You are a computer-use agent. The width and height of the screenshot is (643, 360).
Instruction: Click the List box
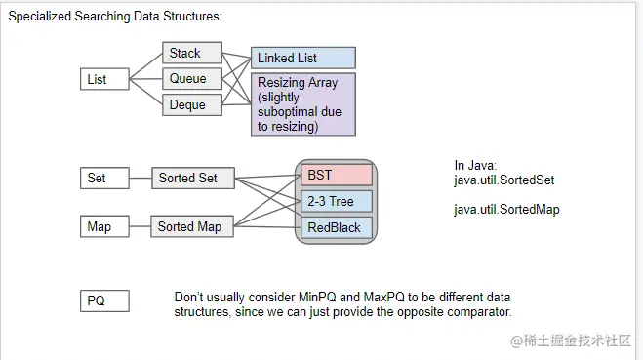click(x=103, y=79)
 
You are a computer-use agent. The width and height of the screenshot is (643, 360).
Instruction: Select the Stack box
click(x=192, y=53)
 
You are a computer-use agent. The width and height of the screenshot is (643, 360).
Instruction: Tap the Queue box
click(x=192, y=79)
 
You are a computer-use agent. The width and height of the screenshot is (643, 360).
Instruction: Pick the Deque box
click(x=192, y=104)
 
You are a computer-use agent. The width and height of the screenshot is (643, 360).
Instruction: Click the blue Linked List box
click(x=302, y=59)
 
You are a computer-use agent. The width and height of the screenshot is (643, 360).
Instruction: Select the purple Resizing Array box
click(x=302, y=104)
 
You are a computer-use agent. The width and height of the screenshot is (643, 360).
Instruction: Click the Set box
click(x=103, y=178)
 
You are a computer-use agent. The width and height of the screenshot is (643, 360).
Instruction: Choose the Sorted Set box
click(x=193, y=178)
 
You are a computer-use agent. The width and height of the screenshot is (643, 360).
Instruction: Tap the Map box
click(x=103, y=226)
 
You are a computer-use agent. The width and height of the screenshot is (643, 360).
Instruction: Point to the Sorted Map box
click(x=193, y=226)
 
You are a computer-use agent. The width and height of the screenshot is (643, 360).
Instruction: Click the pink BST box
click(x=337, y=176)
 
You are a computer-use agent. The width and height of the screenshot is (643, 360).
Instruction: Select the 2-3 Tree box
click(x=337, y=201)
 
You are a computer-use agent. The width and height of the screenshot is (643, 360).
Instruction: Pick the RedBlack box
click(x=337, y=227)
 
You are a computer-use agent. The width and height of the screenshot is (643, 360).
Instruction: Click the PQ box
click(x=103, y=300)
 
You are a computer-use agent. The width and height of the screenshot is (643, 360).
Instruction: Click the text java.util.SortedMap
click(x=505, y=210)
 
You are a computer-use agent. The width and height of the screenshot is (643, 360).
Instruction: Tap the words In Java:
click(x=475, y=166)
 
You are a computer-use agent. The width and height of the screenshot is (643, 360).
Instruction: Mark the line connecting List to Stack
click(x=145, y=66)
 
